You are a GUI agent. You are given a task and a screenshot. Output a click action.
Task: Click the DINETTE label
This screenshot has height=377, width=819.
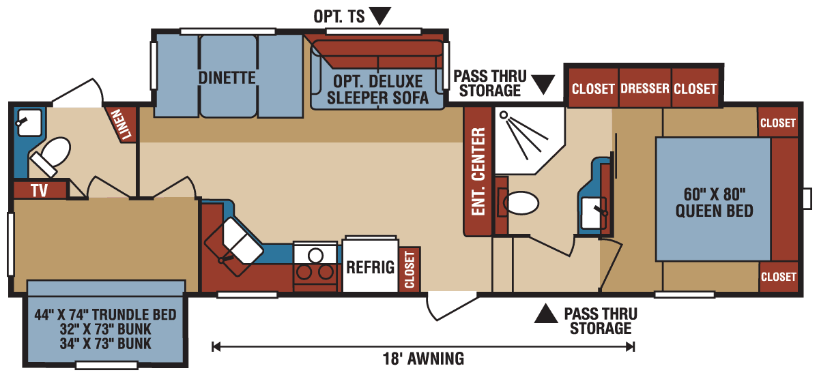click(227, 78)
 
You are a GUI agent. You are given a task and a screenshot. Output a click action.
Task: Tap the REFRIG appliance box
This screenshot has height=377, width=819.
click(370, 267)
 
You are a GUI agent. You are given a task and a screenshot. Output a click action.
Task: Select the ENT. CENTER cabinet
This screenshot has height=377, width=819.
click(478, 172)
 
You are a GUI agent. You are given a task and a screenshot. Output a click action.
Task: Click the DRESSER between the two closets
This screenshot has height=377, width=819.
click(645, 89)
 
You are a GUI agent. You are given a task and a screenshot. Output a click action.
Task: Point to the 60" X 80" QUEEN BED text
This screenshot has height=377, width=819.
click(714, 202)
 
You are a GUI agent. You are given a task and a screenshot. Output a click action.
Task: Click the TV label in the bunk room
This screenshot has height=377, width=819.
click(40, 190)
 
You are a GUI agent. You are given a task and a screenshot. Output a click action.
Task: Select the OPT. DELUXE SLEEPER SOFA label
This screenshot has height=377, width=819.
click(377, 89)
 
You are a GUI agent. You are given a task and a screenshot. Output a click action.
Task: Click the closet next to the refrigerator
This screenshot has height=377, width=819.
click(409, 269)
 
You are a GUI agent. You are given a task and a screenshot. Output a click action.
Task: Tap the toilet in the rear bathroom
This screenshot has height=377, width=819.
click(51, 155)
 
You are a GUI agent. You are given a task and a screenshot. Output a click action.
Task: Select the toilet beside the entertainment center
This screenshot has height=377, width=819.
click(521, 202)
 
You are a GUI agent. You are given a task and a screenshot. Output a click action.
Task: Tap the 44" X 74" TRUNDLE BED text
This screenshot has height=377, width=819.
click(106, 315)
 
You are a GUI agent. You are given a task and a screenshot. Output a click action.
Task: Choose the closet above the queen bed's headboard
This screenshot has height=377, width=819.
click(777, 123)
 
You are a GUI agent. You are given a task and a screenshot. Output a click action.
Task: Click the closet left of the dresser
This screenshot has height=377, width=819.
click(593, 89)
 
